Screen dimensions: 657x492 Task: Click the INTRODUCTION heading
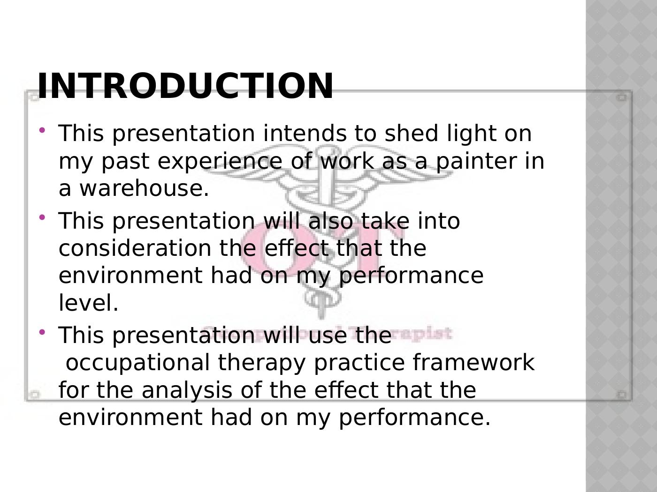(185, 86)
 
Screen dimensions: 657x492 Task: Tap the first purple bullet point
(42, 130)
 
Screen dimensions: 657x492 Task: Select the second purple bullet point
(42, 217)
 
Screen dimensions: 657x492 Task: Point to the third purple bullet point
(42, 332)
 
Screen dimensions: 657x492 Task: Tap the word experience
(220, 161)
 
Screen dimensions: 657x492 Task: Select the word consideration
(135, 248)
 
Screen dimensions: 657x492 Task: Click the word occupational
(138, 363)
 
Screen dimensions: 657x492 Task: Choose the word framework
(474, 362)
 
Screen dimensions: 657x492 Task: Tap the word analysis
(187, 390)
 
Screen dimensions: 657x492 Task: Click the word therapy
(261, 363)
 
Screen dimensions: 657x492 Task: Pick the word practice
(359, 363)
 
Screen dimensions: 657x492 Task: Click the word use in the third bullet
(327, 336)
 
